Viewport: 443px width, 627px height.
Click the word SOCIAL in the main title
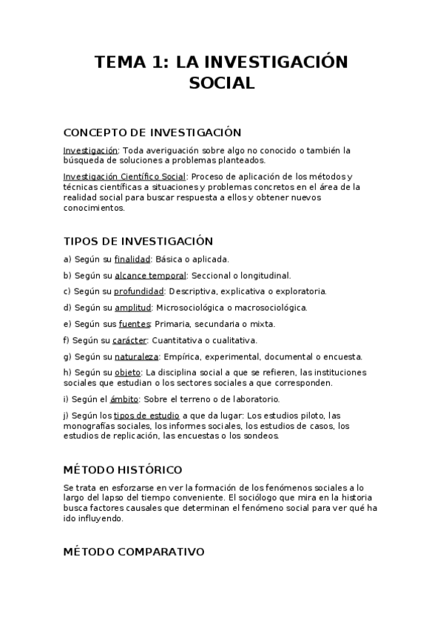pyautogui.click(x=221, y=84)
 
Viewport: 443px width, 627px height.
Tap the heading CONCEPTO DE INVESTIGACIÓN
pyautogui.click(x=152, y=132)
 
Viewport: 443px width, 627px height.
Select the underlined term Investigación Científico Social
pyautogui.click(x=125, y=177)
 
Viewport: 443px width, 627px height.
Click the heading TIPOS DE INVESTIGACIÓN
pyautogui.click(x=138, y=241)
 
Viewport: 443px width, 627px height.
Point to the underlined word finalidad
pyautogui.click(x=132, y=259)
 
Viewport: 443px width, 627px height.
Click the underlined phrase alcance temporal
pyautogui.click(x=150, y=275)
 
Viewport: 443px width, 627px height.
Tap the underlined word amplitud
pyautogui.click(x=133, y=308)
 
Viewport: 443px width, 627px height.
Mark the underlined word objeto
pyautogui.click(x=127, y=372)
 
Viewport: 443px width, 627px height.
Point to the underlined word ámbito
pyautogui.click(x=115, y=399)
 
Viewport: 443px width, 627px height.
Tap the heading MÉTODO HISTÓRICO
pyautogui.click(x=123, y=470)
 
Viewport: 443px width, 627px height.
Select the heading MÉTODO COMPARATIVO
pyautogui.click(x=134, y=552)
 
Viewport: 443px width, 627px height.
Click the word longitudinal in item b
pyautogui.click(x=263, y=275)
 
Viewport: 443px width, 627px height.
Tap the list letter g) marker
pyautogui.click(x=67, y=356)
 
